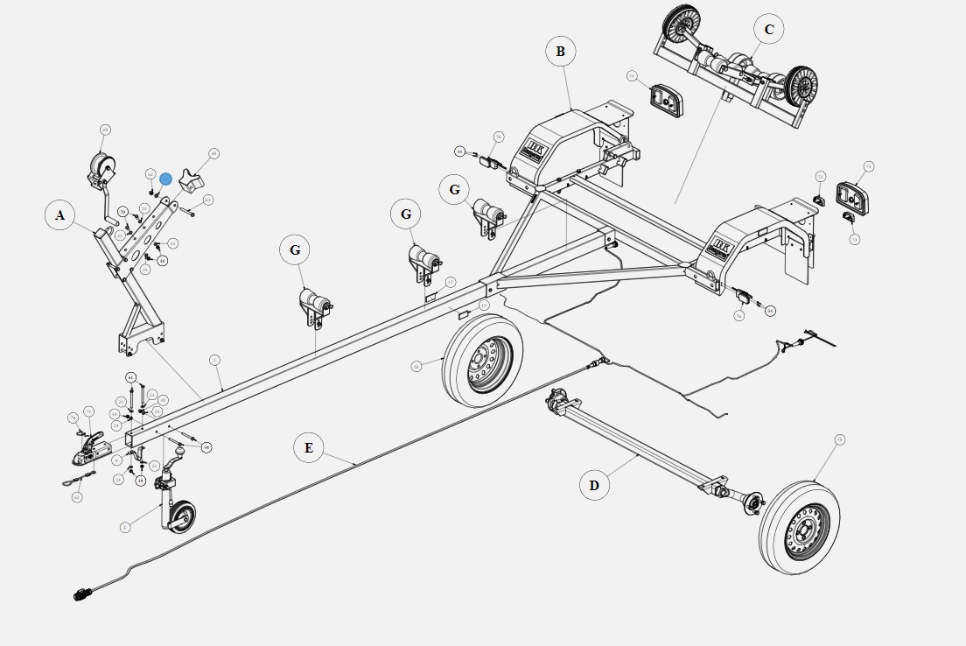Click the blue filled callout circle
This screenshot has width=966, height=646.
pyautogui.click(x=165, y=179)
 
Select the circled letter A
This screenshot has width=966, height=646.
pyautogui.click(x=60, y=214)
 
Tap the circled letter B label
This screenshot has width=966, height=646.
pyautogui.click(x=560, y=52)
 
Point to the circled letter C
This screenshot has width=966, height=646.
pyautogui.click(x=769, y=31)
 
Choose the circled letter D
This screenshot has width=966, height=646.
pyautogui.click(x=594, y=485)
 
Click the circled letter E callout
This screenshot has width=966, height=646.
pyautogui.click(x=308, y=448)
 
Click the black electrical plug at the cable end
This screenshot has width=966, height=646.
pyautogui.click(x=81, y=596)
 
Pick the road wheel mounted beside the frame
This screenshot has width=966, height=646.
pyautogui.click(x=482, y=360)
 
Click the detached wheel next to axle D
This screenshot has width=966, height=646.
pyautogui.click(x=799, y=526)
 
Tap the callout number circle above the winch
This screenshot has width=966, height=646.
pyautogui.click(x=105, y=130)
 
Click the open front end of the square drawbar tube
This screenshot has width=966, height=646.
pyautogui.click(x=131, y=435)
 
